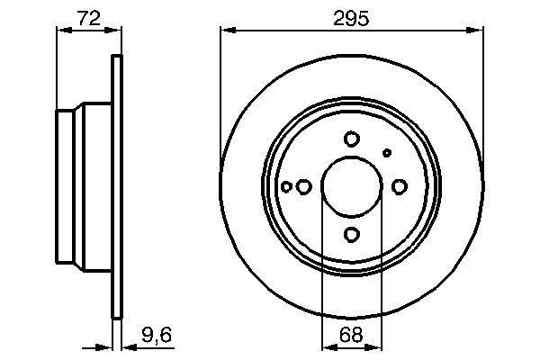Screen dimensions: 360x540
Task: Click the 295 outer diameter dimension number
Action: pos(352,17)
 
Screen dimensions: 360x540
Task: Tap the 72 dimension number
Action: pos(88,17)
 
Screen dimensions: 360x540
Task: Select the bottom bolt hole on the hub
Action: pos(352,235)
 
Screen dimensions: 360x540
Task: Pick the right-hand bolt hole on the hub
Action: pos(400,186)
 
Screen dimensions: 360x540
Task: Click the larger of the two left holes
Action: pos(304,187)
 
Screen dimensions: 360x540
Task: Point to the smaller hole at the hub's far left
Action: pos(286,187)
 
